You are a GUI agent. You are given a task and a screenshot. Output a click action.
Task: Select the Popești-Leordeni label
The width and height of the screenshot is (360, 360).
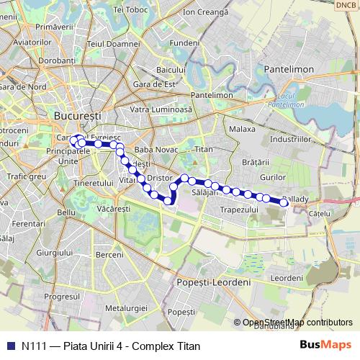[x=213, y=282]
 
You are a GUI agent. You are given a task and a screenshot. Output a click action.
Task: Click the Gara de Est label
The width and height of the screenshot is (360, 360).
[x=160, y=84]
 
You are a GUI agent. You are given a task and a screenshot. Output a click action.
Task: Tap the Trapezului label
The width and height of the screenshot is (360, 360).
[x=239, y=210]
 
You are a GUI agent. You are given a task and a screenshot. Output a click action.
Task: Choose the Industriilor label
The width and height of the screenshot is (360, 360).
[x=295, y=138]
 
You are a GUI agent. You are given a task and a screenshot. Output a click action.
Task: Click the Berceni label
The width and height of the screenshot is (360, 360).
[x=109, y=255]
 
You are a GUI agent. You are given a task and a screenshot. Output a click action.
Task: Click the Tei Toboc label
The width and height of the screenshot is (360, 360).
[x=130, y=10]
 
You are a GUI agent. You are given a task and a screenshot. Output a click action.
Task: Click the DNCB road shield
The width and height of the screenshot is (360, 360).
[x=346, y=4]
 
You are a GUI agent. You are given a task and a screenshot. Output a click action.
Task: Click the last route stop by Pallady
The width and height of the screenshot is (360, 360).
[x=284, y=203]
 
